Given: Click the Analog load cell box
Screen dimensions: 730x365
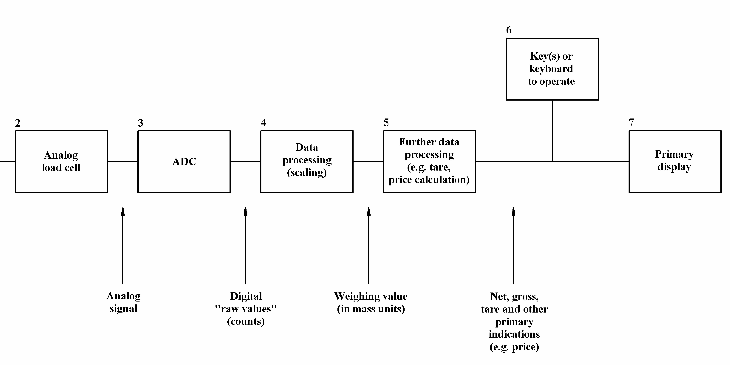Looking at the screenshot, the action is (x=61, y=161).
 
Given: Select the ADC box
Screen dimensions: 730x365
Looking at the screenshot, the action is (x=184, y=161).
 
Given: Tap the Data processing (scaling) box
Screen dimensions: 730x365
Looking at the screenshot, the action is (x=307, y=161).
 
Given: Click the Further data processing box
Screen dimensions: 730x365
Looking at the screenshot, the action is (x=429, y=161).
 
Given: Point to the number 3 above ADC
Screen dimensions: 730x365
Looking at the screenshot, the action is (x=141, y=123).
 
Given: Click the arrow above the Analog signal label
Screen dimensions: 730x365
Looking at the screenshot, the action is (x=123, y=245).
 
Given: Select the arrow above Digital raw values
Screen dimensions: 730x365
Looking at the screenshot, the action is (x=245, y=245).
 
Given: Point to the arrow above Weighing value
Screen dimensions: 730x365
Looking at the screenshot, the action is (x=368, y=245).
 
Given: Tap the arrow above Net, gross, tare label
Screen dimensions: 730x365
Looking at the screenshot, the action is (x=513, y=245).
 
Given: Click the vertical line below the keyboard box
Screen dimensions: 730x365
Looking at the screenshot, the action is (x=552, y=131).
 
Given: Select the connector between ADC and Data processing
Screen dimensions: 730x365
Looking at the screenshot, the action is (x=245, y=161).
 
